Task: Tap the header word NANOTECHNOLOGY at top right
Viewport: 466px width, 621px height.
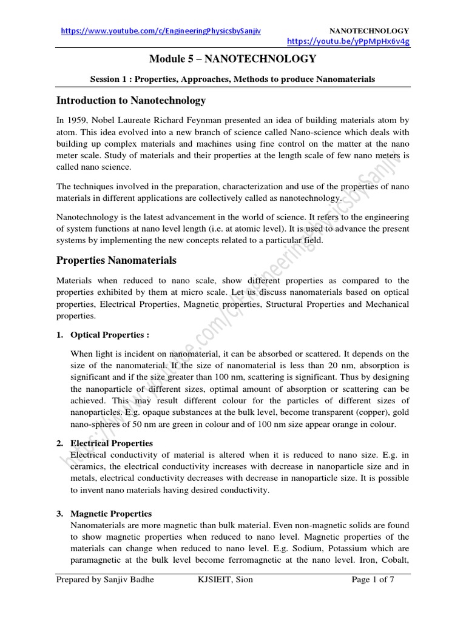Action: [368, 31]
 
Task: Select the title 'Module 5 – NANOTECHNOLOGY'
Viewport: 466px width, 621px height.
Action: [232, 59]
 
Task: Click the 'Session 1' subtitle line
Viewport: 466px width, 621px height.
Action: [232, 79]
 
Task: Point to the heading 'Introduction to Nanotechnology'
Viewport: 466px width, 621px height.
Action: [130, 100]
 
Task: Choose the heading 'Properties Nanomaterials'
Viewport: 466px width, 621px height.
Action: [116, 260]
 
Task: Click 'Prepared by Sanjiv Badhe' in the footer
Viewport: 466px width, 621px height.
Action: [105, 580]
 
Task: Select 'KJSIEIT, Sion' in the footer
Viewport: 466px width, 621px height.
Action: [225, 580]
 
